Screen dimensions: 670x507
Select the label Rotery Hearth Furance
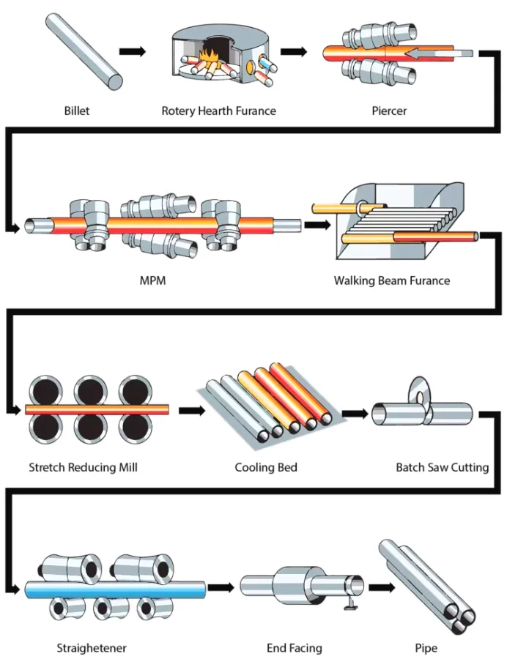[x=219, y=111]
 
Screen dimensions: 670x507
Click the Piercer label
[x=389, y=111]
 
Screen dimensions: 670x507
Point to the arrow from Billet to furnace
[x=132, y=51]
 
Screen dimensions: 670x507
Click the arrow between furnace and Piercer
[x=293, y=51]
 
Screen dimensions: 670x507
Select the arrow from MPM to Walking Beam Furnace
[x=317, y=224]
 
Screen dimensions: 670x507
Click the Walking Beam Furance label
[x=392, y=280]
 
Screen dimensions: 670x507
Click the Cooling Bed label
[x=266, y=466]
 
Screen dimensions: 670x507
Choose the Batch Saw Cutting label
[x=442, y=466]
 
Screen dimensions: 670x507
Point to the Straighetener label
[x=92, y=648]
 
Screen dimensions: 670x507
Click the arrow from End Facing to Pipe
[x=381, y=587]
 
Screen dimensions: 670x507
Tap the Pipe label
[x=426, y=648]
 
